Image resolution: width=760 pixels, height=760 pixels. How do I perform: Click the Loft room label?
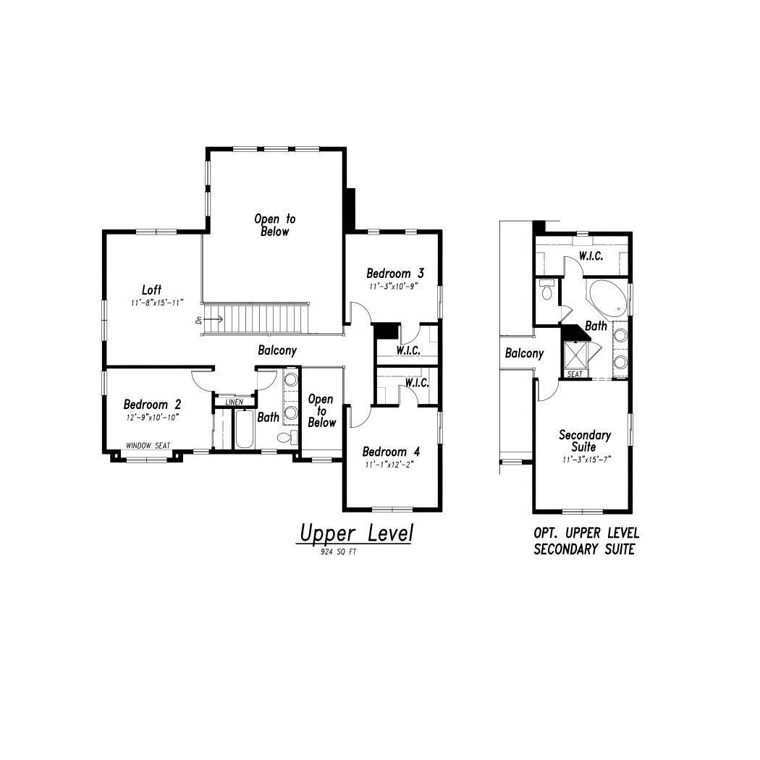point(151,290)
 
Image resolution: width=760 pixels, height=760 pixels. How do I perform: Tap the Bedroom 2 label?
point(152,404)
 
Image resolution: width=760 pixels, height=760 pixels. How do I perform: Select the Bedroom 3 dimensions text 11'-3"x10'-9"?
point(394,287)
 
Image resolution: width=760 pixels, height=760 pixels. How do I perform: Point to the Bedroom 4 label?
point(391,452)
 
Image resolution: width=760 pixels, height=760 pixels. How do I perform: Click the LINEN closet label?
point(235,402)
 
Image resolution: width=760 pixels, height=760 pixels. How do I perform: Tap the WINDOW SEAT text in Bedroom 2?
point(148,445)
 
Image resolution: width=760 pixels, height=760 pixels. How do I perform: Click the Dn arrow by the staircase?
point(214,319)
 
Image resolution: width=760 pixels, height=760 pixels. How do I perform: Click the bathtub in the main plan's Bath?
point(245,429)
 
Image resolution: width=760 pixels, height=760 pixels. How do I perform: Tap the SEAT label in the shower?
point(575,374)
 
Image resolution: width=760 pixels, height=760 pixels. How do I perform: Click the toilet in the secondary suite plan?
point(547,290)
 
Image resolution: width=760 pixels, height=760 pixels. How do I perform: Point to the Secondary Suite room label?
point(585,441)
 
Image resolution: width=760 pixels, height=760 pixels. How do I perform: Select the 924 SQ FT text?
point(338,552)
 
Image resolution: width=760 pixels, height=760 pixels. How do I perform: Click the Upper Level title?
point(356,533)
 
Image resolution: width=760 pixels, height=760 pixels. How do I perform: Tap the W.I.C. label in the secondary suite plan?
point(591,256)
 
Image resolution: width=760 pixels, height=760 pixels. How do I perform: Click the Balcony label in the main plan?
point(277,350)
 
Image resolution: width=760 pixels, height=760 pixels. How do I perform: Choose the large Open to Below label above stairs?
point(275,225)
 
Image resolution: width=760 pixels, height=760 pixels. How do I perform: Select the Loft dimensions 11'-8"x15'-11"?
point(158,303)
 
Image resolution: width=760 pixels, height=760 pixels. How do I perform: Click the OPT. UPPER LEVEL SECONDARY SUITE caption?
point(586,541)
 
